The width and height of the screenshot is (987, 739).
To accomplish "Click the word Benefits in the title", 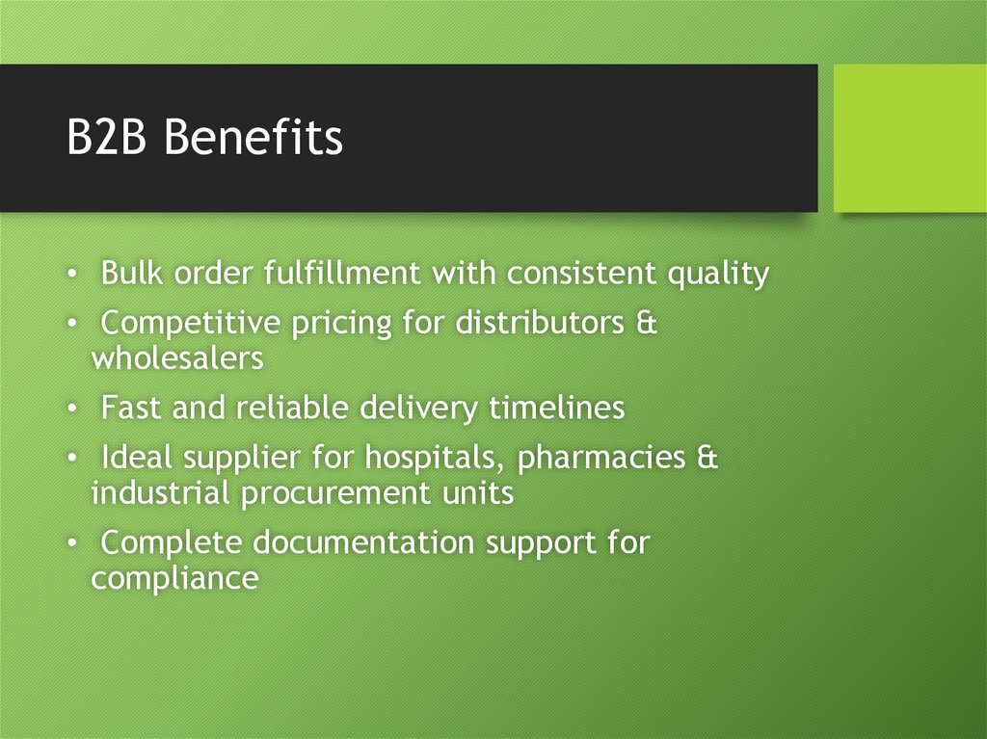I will point(253,138).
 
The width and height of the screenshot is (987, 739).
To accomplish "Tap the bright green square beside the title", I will point(910,138).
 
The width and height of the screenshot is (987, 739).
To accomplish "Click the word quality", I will point(718,276).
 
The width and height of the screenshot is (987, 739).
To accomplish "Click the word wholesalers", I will point(177,358).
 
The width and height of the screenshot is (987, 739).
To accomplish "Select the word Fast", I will point(132,409).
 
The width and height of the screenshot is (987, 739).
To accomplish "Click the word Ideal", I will point(136,459).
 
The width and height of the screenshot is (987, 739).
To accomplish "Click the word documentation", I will point(364,543).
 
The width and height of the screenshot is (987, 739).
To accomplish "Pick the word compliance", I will point(174,579).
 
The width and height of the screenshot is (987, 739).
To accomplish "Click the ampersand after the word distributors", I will point(648,323).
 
